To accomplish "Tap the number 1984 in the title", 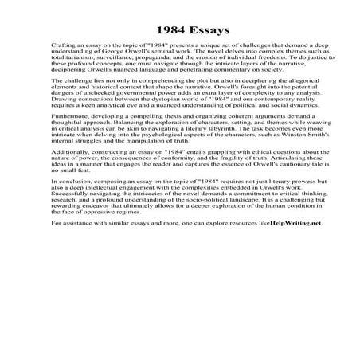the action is pos(159,31).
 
